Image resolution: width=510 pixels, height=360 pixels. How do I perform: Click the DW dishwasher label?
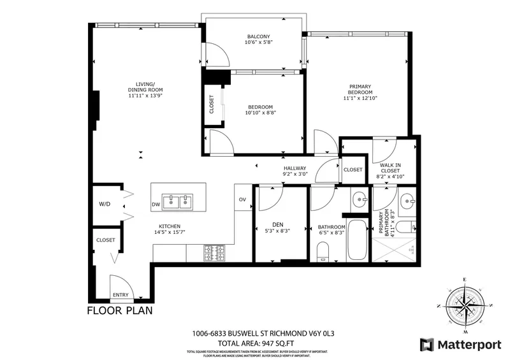(156, 205)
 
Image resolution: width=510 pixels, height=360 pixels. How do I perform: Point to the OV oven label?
(242, 199)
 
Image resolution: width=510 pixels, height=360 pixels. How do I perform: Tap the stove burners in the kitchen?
(211, 253)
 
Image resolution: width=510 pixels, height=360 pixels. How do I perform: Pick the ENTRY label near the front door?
(120, 295)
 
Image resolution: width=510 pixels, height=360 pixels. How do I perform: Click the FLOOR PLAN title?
(120, 312)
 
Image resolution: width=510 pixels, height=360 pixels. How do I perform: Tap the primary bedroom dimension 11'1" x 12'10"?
(360, 98)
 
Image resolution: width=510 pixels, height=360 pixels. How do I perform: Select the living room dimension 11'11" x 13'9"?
(146, 96)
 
